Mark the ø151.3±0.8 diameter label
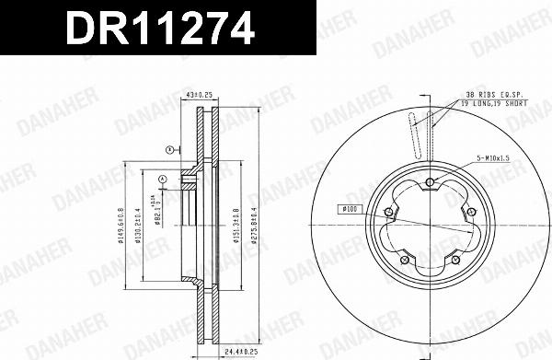pos(236,224)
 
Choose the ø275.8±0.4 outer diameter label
pos(249,224)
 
